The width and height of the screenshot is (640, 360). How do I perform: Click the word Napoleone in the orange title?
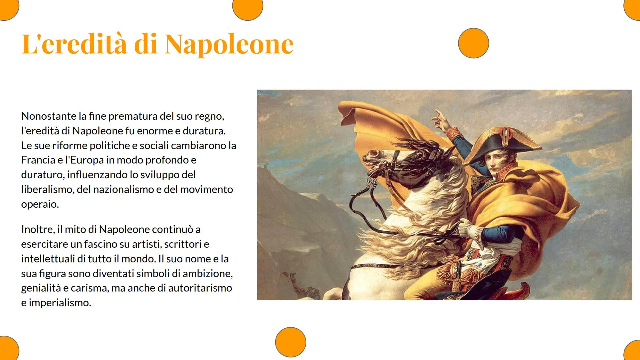pyautogui.click(x=229, y=44)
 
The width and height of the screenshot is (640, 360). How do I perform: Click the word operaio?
pyautogui.click(x=40, y=204)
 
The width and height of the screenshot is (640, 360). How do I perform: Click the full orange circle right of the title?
pyautogui.click(x=473, y=43)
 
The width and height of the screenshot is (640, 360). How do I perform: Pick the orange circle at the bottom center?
pyautogui.click(x=291, y=342)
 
